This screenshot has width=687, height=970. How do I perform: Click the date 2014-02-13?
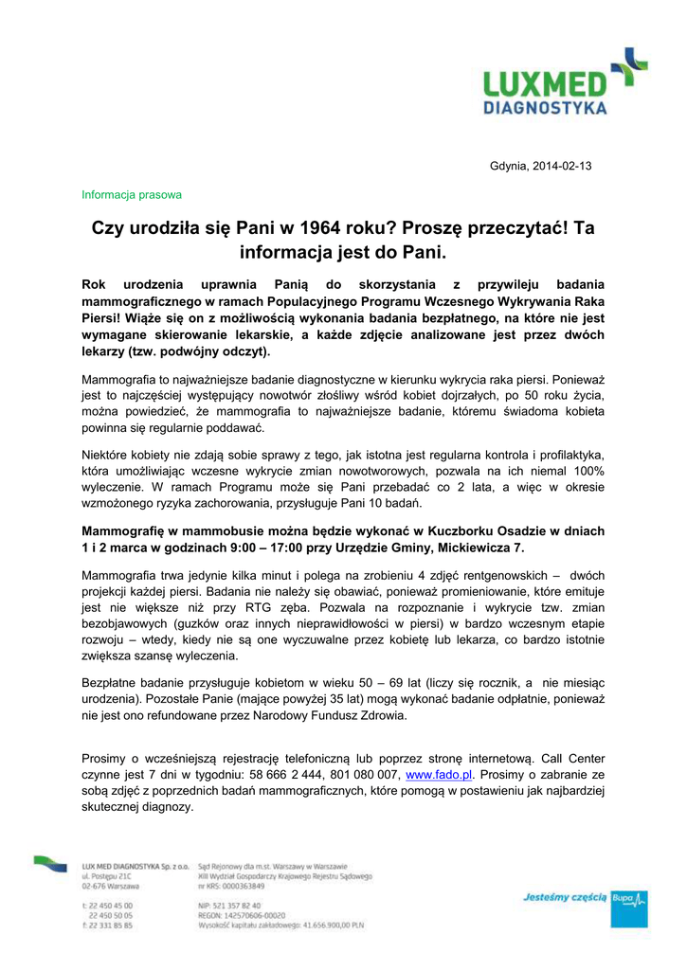tap(563, 167)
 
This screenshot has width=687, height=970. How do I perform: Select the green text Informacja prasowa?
tap(132, 194)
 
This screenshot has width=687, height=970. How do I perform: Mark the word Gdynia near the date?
tap(508, 167)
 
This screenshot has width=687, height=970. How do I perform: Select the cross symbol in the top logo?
tap(628, 65)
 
